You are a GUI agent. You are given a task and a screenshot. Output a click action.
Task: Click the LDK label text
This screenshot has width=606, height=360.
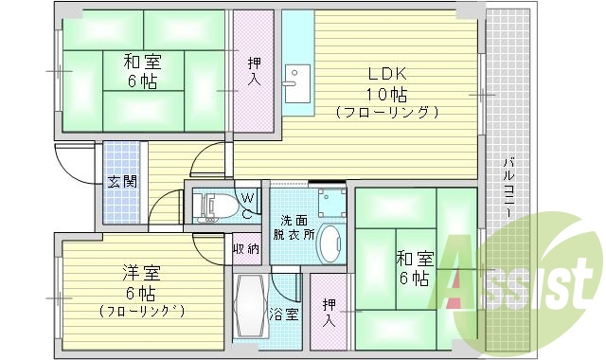(x=386, y=74)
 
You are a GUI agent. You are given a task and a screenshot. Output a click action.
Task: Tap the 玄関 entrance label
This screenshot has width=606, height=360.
(x=120, y=181)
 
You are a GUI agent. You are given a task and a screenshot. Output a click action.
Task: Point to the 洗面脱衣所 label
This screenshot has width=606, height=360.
(x=294, y=225)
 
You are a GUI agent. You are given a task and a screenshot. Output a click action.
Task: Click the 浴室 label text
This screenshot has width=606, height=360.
(x=284, y=314)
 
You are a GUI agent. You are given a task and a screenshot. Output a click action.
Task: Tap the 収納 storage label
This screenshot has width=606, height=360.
(x=246, y=249)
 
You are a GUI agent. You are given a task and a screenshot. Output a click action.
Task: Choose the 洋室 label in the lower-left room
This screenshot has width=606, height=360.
(x=141, y=274)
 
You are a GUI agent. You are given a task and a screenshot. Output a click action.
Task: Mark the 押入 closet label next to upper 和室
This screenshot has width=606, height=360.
(x=255, y=72)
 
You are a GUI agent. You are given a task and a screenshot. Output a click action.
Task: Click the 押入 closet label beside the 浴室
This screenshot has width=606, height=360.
(x=328, y=312)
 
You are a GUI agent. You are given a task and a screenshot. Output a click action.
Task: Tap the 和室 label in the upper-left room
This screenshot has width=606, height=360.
(x=142, y=63)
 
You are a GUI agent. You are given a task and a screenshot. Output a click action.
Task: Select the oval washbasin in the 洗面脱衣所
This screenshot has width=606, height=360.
(x=330, y=244)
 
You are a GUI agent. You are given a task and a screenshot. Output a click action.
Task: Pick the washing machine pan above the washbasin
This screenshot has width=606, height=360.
(x=331, y=202)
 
